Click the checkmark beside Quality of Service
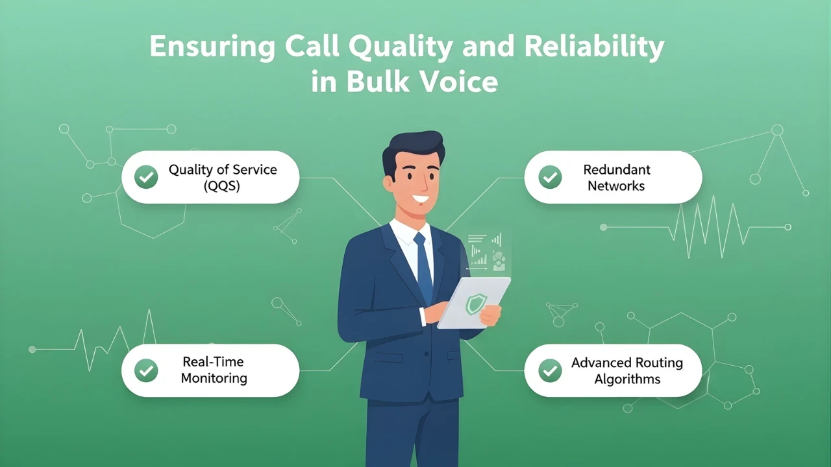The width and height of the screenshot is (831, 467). pos(146,177)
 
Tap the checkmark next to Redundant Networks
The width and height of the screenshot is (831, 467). pos(551,177)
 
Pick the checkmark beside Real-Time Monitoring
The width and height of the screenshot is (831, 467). pos(146,370)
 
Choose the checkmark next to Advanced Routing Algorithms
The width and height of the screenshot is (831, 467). pos(551,370)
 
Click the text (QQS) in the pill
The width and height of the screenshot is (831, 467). pos(223,186)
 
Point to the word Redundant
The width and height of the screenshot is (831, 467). pos(616,170)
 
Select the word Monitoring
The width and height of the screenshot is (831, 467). pos(214,378)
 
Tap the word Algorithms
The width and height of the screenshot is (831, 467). pos(627,379)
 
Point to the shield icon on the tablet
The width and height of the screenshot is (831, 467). pos(477,303)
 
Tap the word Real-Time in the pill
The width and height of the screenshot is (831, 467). pos(213,362)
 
